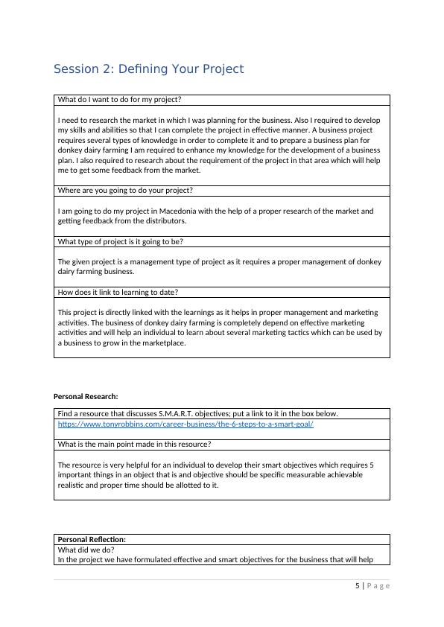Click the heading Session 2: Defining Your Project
(x=148, y=69)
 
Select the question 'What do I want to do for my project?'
(x=120, y=100)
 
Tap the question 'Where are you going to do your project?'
(x=125, y=191)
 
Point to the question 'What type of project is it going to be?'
(x=120, y=241)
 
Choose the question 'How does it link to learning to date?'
(x=118, y=292)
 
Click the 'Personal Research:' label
(x=86, y=395)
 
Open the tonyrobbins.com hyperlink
(x=185, y=424)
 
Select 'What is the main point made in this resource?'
(x=134, y=445)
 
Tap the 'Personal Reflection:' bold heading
(x=92, y=539)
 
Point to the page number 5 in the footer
(x=357, y=585)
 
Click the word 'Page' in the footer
(x=378, y=585)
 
